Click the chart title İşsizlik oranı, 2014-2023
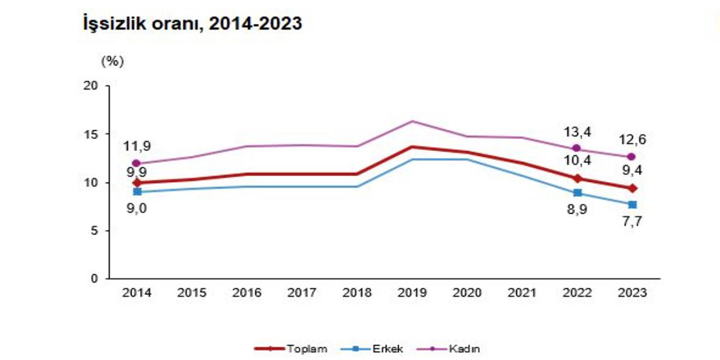click(192, 25)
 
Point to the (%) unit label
click(112, 62)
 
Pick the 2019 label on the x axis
click(413, 292)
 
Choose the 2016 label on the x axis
click(248, 292)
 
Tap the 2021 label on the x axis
click(523, 292)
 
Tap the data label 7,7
click(632, 221)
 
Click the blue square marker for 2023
click(632, 204)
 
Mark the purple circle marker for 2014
click(137, 164)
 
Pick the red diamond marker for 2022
click(577, 178)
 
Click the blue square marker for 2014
click(137, 191)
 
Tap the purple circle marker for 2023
click(632, 157)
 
